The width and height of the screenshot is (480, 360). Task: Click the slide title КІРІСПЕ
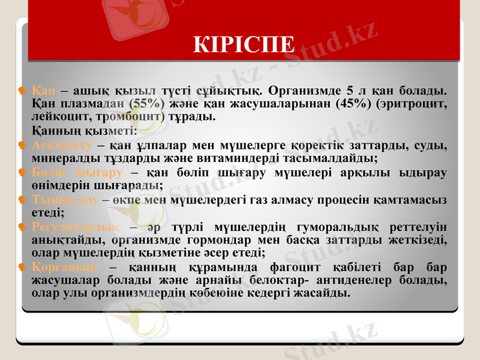pos(244,44)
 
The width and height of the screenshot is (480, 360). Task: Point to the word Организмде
pos(304,91)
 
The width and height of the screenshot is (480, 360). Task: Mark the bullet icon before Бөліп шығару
pos(22,173)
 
